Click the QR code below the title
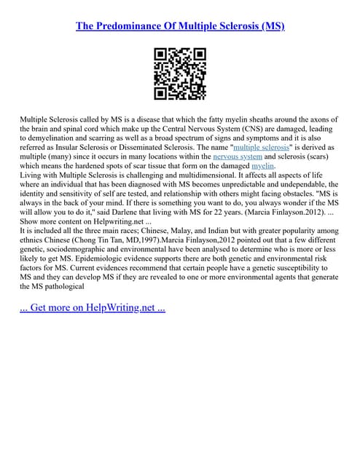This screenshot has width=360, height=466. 180,74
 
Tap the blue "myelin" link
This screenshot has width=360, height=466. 263,165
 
